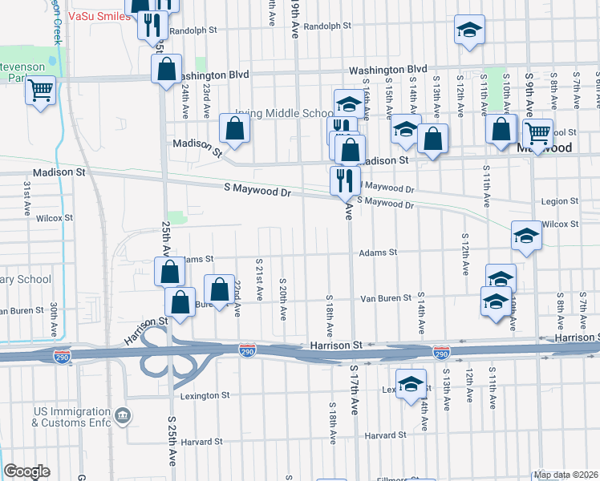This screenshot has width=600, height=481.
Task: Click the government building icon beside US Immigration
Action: pos(122,415)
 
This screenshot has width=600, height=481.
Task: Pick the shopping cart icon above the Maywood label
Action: pos(537,131)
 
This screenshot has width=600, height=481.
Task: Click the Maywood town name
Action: pos(545,148)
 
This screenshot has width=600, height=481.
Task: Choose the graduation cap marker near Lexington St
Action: pos(411,383)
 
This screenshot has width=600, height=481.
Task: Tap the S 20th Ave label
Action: pos(283,297)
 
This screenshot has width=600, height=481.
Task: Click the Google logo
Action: pos(26,471)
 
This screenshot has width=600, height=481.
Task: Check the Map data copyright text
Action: pos(566,475)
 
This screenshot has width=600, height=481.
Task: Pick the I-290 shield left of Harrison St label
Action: pos(248,350)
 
